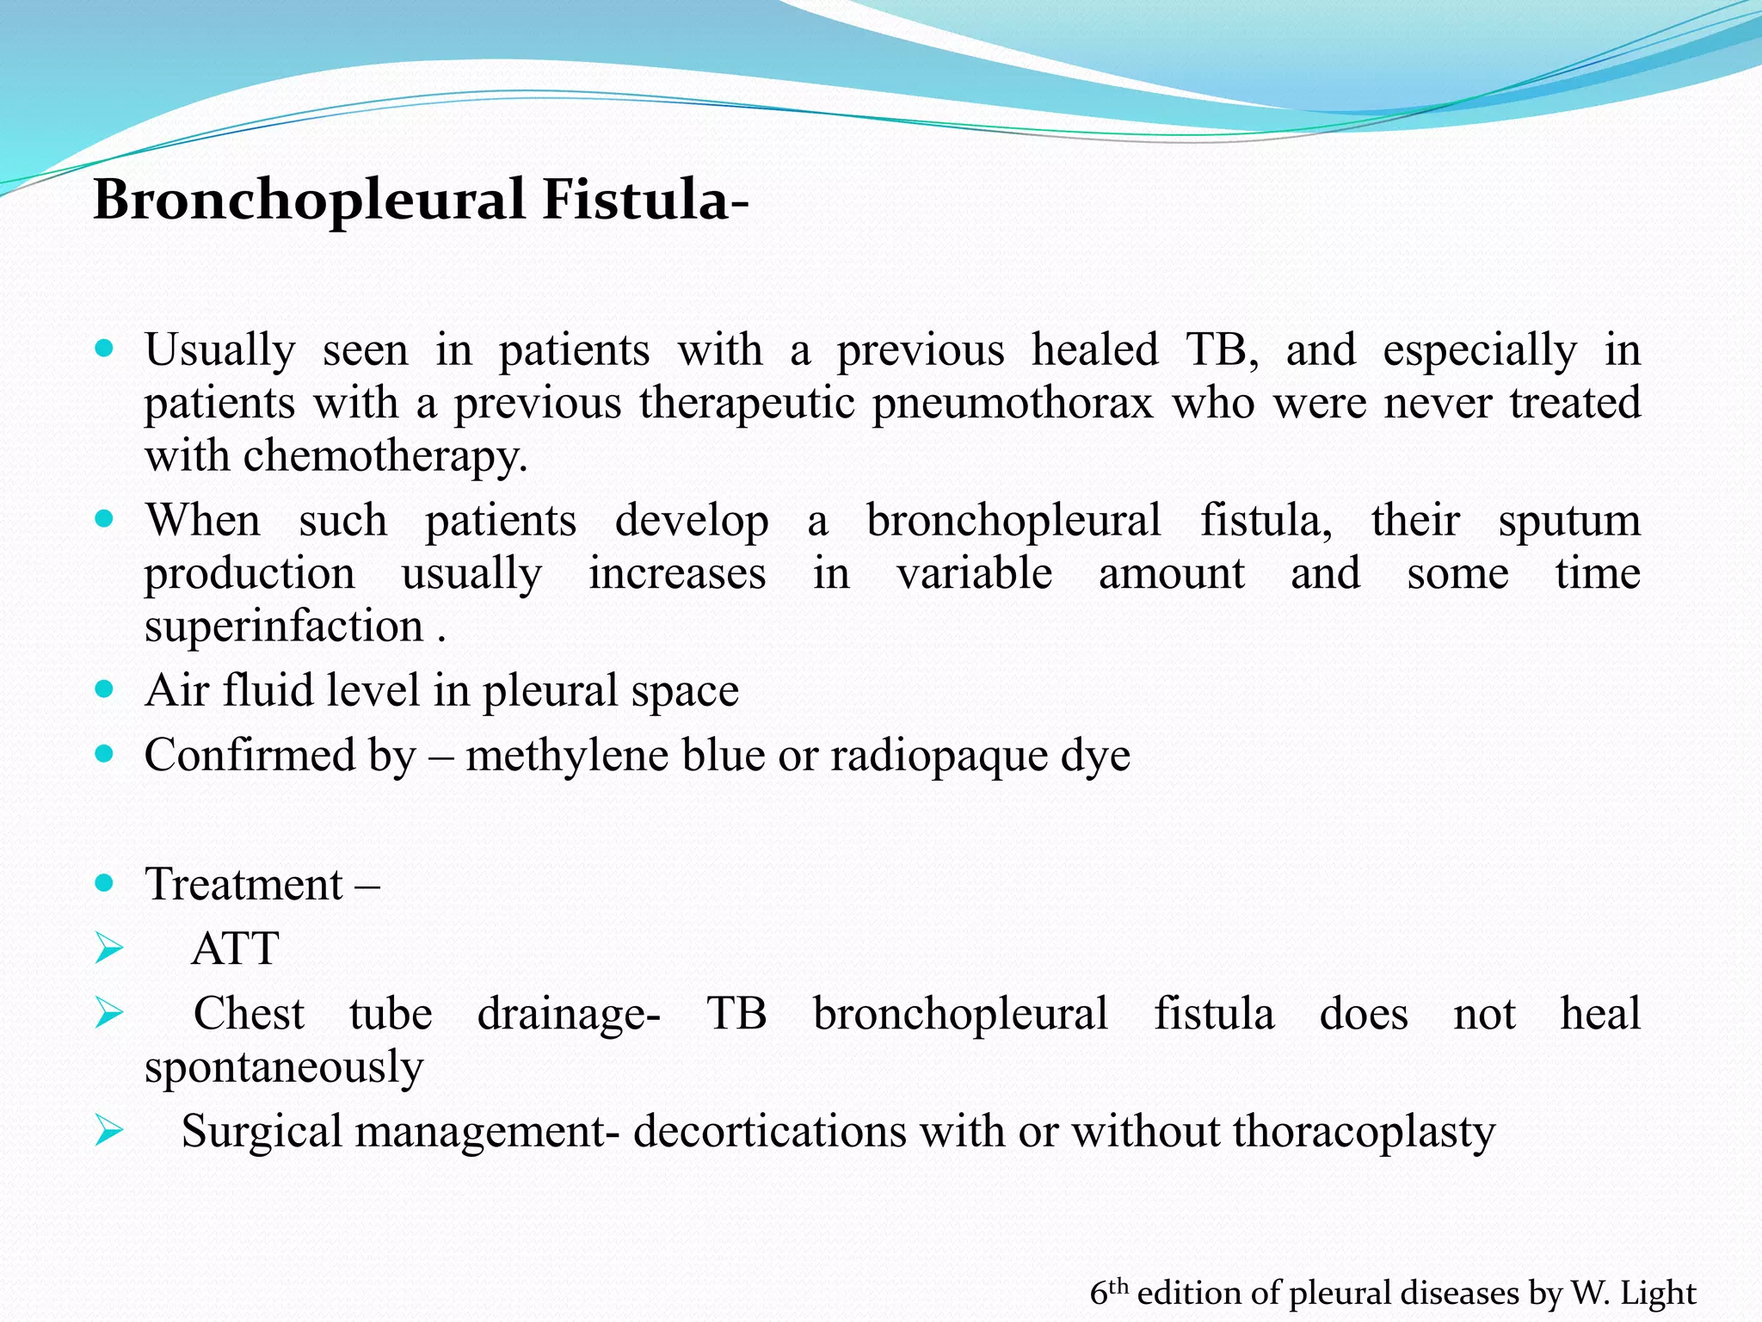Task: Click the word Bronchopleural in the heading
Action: pyautogui.click(x=310, y=200)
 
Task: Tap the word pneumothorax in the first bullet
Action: pyautogui.click(x=1013, y=403)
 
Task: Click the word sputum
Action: pyautogui.click(x=1569, y=521)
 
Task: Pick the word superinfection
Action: pyautogui.click(x=285, y=626)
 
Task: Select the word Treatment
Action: pyautogui.click(x=244, y=885)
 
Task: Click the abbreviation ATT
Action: pyautogui.click(x=235, y=949)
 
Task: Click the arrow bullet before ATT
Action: pyautogui.click(x=109, y=949)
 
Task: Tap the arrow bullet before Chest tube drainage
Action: pyautogui.click(x=109, y=1014)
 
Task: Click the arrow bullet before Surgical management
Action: pyautogui.click(x=109, y=1131)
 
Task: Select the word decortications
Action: pyautogui.click(x=769, y=1131)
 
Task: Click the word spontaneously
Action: pyautogui.click(x=285, y=1067)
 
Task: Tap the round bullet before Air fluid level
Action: pyautogui.click(x=104, y=689)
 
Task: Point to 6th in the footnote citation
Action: pyautogui.click(x=1108, y=1292)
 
